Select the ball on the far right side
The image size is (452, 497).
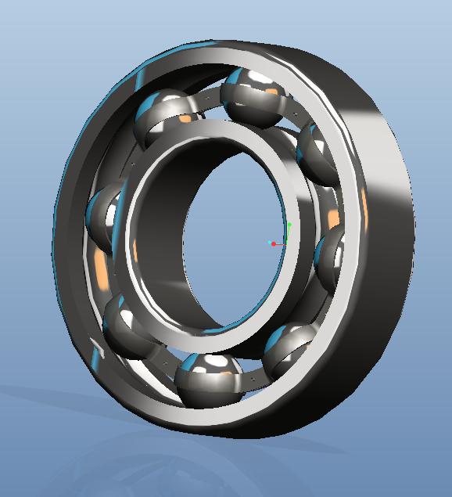(332, 258)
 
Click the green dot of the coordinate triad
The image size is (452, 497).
(289, 225)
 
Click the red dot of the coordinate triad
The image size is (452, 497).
(273, 244)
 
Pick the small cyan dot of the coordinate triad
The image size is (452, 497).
(268, 241)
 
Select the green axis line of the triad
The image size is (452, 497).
(288, 234)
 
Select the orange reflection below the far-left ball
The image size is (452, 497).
(101, 270)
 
